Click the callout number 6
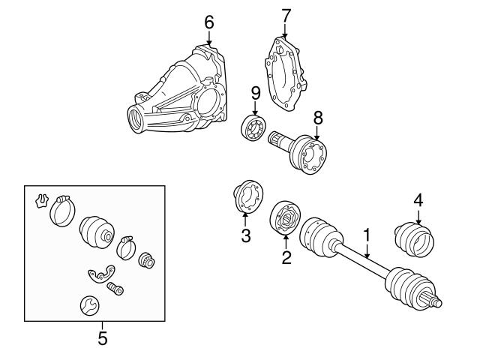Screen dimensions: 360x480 (209, 22)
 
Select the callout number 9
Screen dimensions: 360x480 (256, 93)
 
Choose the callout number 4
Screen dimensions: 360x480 (418, 200)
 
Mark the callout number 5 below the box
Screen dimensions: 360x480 (103, 338)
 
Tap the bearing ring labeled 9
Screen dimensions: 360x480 (253, 128)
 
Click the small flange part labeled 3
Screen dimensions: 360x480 (245, 197)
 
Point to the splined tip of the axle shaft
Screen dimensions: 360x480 (434, 301)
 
